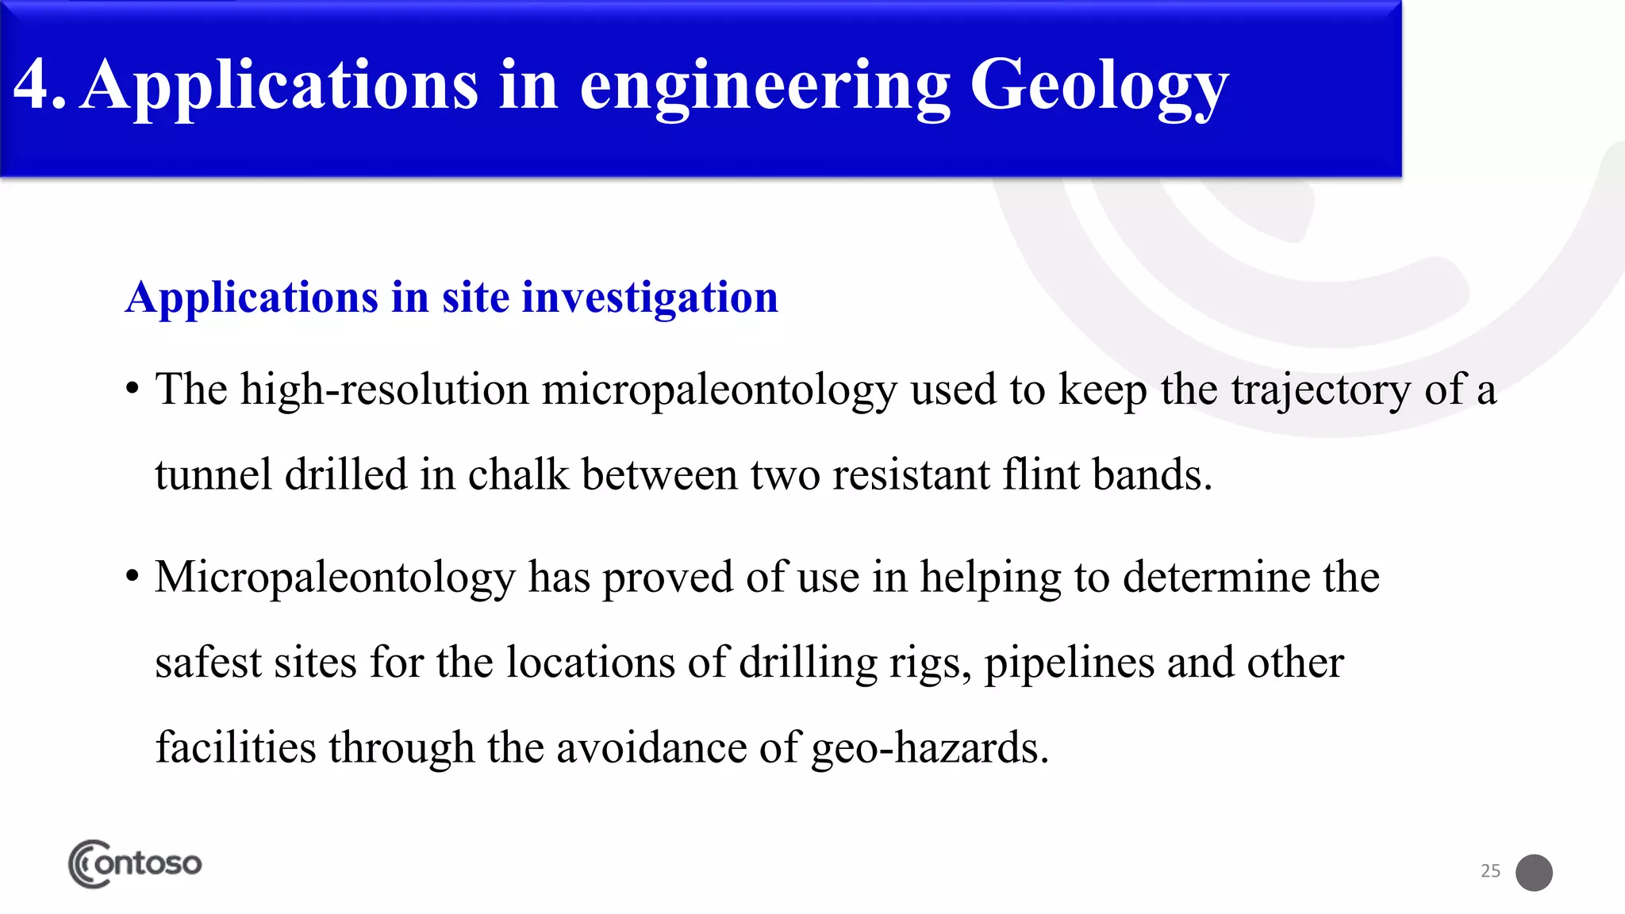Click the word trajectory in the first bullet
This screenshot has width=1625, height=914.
click(1321, 390)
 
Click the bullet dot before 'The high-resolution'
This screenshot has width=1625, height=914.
click(133, 390)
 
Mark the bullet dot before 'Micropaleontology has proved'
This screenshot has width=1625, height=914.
click(133, 577)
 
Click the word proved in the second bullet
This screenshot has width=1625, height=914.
click(667, 577)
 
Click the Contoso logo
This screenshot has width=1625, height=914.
click(135, 863)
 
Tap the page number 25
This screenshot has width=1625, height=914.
click(1490, 871)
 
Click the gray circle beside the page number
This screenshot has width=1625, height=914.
click(1534, 873)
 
